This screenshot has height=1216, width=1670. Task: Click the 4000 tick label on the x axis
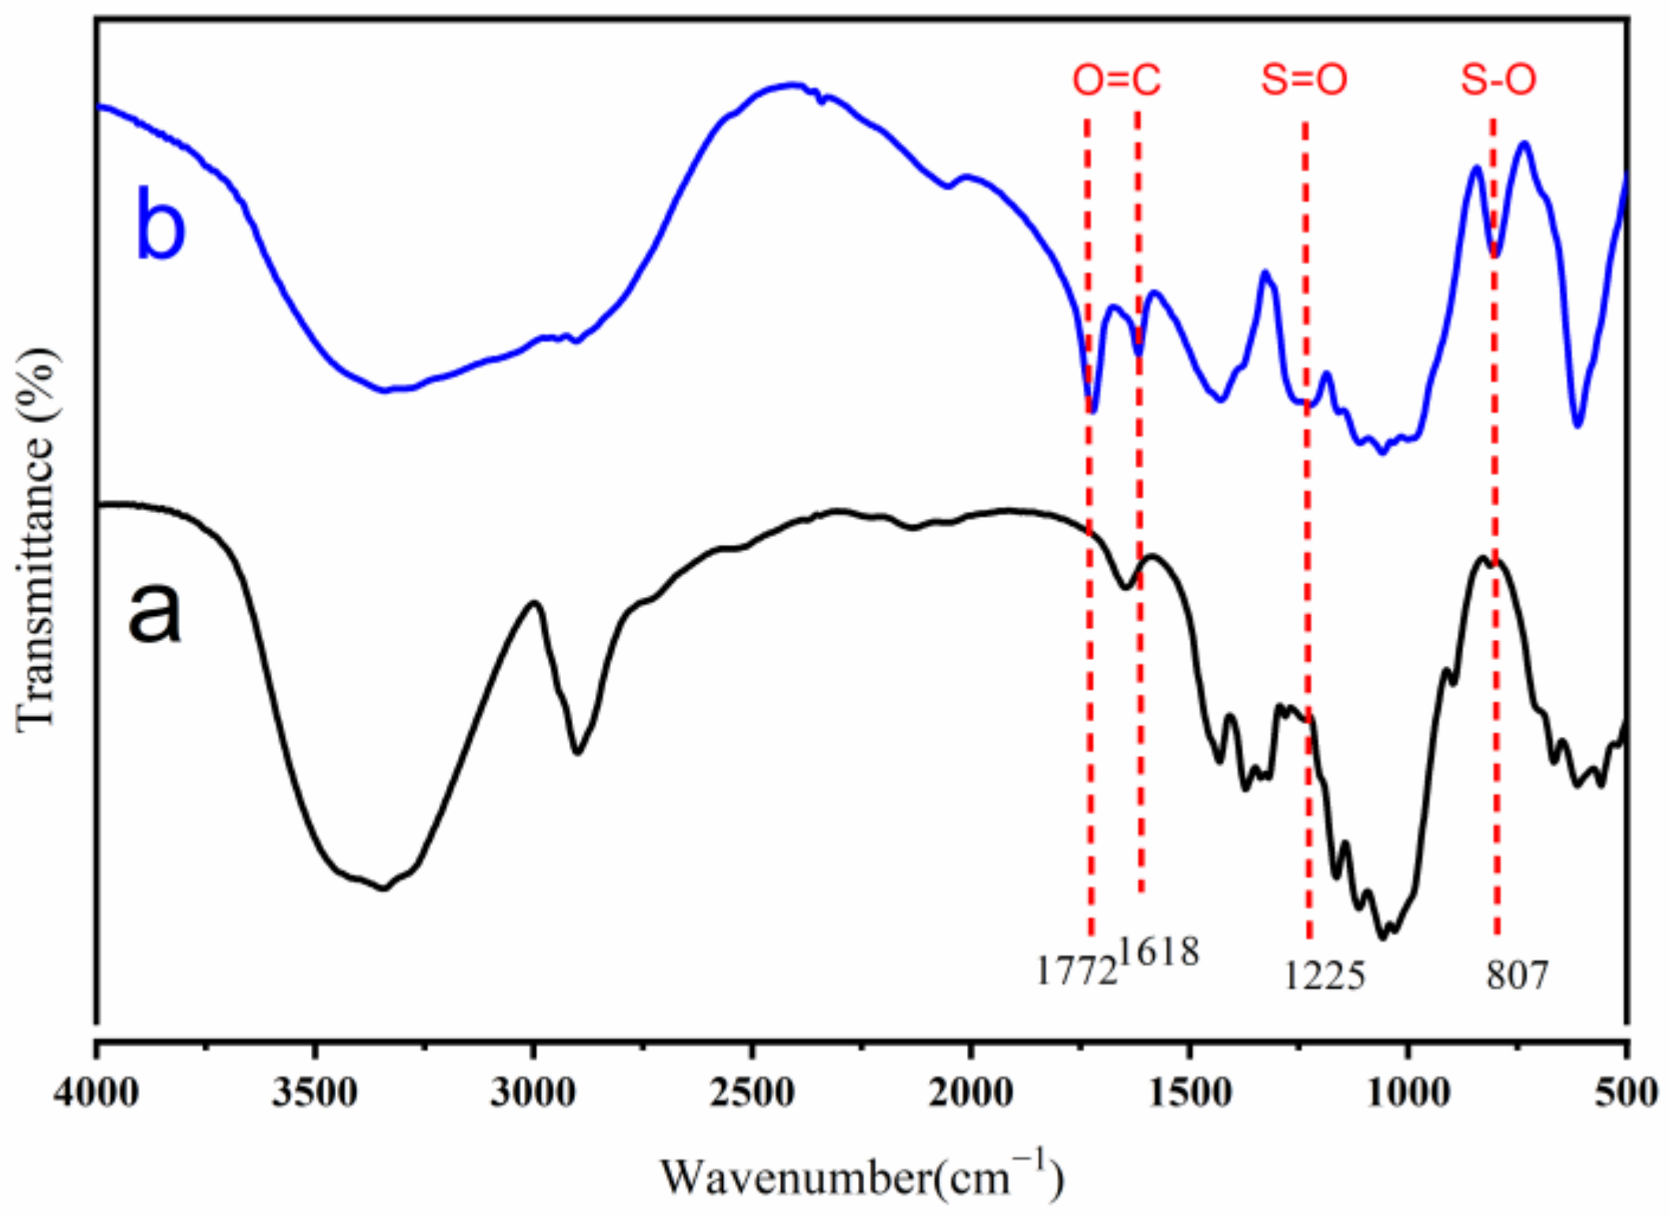96,1094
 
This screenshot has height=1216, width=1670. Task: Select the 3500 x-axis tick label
315,1094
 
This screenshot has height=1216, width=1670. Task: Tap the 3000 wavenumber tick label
534,1094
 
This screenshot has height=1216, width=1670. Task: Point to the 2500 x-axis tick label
752,1094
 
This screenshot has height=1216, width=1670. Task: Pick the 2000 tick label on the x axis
971,1094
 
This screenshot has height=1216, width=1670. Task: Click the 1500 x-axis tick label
1189,1094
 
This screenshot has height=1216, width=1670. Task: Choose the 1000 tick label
1408,1094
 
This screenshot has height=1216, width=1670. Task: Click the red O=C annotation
1116,80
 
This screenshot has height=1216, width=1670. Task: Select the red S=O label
1304,80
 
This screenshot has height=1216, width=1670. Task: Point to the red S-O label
1498,80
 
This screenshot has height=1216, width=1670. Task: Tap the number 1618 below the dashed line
1159,951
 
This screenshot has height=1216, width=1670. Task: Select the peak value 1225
1324,976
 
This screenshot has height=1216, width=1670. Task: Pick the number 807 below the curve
1517,976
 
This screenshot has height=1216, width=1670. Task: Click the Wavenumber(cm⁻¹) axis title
862,1177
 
